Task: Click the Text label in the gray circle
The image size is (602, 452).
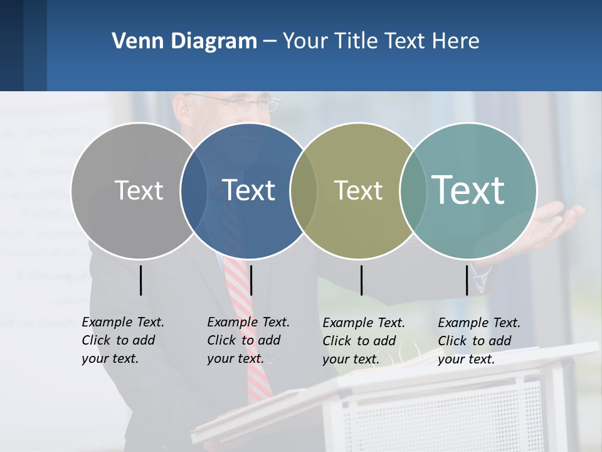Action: pyautogui.click(x=139, y=190)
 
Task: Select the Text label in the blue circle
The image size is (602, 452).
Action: pyautogui.click(x=248, y=190)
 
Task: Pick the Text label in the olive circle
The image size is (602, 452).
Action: pyautogui.click(x=358, y=190)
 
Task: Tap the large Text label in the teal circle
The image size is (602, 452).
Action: pyautogui.click(x=468, y=190)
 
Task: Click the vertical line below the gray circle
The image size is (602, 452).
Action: pyautogui.click(x=141, y=280)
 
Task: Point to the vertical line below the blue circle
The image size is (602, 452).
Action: pyautogui.click(x=251, y=280)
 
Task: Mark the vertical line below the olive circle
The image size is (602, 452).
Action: pyautogui.click(x=361, y=280)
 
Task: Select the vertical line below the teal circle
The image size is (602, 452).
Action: pyautogui.click(x=467, y=280)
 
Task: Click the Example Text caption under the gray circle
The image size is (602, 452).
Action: pyautogui.click(x=122, y=340)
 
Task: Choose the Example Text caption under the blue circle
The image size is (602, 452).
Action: pyautogui.click(x=248, y=340)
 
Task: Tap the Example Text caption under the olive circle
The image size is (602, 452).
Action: pyautogui.click(x=363, y=341)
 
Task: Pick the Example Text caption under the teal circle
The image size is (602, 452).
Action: pyautogui.click(x=478, y=341)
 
